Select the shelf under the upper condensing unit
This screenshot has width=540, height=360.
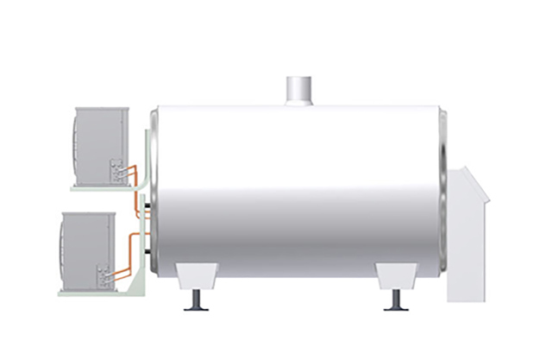tap(99, 189)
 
